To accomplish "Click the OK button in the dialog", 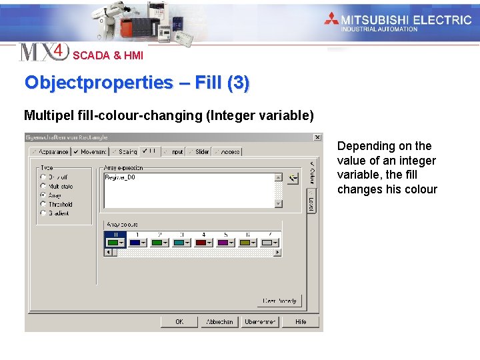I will pos(179,321).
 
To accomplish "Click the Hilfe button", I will pos(301,321).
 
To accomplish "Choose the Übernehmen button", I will pos(260,321).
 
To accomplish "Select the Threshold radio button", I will pos(43,205).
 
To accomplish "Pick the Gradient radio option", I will pos(43,213).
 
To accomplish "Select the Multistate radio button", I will pos(43,187).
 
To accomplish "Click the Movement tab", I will pos(90,152).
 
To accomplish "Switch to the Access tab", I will pos(227,152).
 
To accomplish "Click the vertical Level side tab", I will pos(311,201).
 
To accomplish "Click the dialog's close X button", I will pos(317,137).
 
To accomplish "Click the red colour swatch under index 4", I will pos(201,243).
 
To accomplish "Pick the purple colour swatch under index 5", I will pos(223,243).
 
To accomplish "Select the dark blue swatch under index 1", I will pos(135,243).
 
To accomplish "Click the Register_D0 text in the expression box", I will pos(120,177).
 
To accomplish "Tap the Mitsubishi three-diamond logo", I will pos(332,19).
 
